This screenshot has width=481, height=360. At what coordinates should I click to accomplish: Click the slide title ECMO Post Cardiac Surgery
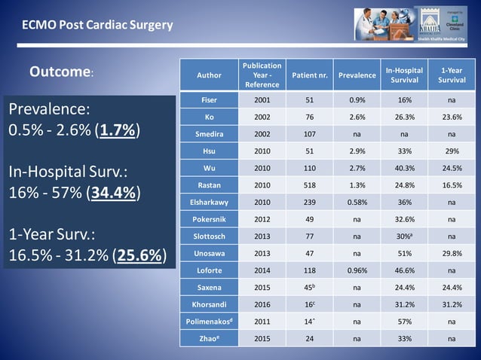(x=97, y=25)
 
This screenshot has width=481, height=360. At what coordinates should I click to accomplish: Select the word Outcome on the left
(x=60, y=72)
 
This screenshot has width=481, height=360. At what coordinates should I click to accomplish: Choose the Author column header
(x=209, y=75)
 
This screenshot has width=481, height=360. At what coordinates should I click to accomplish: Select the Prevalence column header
(x=357, y=75)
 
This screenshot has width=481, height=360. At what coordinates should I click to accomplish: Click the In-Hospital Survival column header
(x=404, y=75)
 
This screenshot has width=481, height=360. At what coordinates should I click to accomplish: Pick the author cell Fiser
(x=209, y=100)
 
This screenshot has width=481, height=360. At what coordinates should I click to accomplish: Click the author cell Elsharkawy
(x=209, y=202)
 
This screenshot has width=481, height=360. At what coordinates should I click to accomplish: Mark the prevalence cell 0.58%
(x=357, y=202)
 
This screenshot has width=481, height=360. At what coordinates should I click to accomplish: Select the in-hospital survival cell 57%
(x=404, y=322)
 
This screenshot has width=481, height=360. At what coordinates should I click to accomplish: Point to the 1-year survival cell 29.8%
(x=452, y=253)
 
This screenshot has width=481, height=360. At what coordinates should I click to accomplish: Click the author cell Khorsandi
(x=209, y=304)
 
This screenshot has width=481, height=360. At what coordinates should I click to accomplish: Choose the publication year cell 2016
(x=262, y=304)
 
